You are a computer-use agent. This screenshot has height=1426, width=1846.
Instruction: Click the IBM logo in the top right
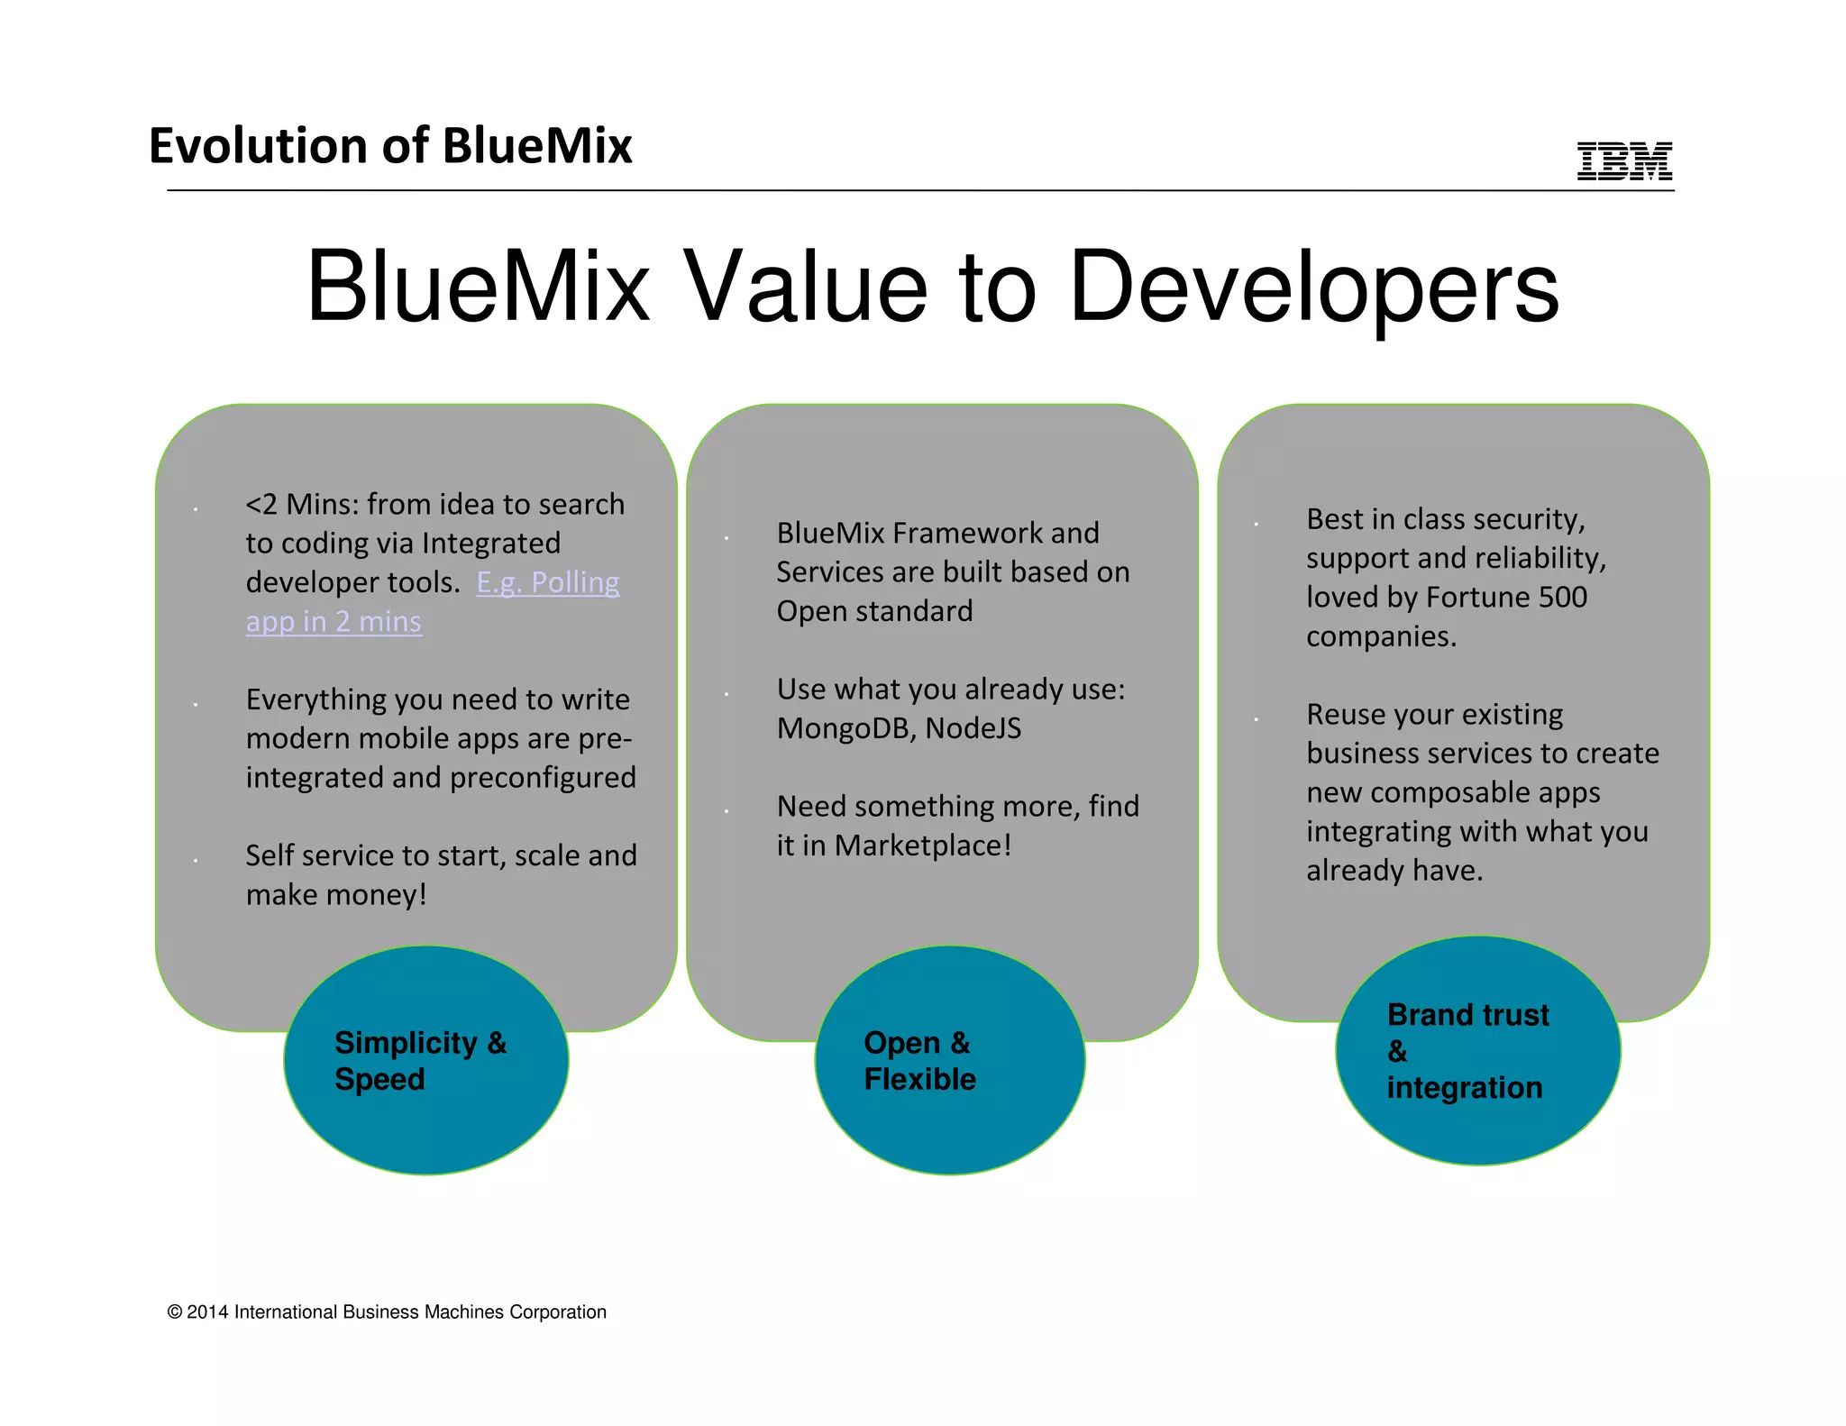click(1624, 161)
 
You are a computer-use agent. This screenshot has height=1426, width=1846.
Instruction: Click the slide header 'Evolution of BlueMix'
click(390, 146)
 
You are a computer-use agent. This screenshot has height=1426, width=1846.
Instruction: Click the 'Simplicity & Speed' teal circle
click(425, 1060)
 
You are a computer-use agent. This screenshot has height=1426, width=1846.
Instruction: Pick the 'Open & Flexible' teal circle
click(949, 1060)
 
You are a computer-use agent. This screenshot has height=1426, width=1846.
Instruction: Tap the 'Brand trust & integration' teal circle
click(1477, 1051)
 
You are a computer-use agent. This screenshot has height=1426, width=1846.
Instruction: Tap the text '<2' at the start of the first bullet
click(261, 505)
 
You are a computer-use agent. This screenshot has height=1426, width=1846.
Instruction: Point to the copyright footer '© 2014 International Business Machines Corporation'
click(387, 1312)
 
